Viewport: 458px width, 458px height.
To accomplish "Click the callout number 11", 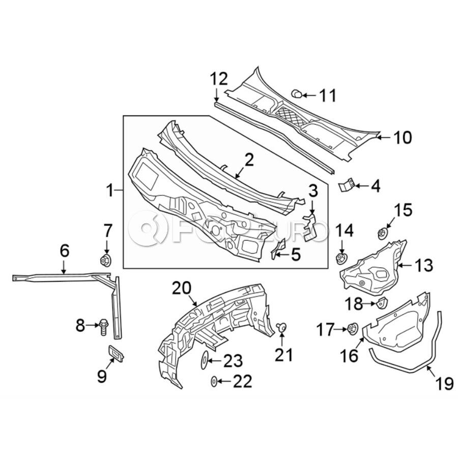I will pos(328,95).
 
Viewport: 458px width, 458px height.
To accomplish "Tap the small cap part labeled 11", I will pos(296,93).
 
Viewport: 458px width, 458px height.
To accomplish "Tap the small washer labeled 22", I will pos(214,381).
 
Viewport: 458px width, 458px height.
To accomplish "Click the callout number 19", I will pos(444,383).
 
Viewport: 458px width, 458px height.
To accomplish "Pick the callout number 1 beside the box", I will pos(109,191).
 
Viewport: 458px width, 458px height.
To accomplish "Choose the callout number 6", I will pos(64,250).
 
